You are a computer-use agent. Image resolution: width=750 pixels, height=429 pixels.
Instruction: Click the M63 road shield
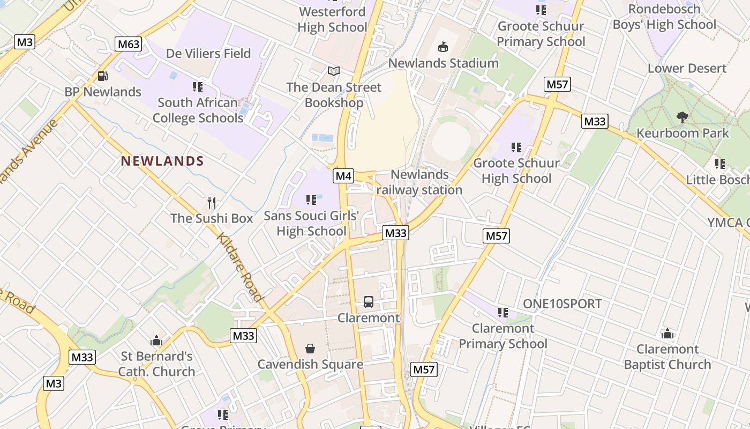128,44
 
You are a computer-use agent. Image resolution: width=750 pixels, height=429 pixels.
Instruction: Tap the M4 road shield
343,175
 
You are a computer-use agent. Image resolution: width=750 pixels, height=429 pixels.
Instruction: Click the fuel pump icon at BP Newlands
103,77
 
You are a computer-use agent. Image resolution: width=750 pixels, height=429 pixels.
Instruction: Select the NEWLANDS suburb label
162,161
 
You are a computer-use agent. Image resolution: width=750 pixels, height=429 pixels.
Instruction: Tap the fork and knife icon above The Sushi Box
212,203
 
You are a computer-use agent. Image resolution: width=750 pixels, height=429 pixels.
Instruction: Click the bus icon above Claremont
369,302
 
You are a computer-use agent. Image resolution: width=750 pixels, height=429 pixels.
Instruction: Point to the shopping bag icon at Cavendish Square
310,349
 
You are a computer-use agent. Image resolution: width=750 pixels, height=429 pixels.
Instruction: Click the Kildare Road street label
240,267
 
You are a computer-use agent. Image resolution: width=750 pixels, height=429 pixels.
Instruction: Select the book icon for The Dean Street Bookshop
334,71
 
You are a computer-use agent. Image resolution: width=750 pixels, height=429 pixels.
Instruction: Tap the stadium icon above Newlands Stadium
443,47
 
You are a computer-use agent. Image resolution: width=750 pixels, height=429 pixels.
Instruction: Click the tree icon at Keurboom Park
682,117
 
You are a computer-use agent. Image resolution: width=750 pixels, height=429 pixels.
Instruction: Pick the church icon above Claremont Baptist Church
667,334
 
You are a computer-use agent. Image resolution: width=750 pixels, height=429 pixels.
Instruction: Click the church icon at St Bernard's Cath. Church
156,340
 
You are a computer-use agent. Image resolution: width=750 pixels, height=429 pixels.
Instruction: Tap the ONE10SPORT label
562,304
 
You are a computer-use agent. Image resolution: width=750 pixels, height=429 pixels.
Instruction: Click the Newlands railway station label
419,182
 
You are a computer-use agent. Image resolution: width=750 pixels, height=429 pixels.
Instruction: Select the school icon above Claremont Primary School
502,312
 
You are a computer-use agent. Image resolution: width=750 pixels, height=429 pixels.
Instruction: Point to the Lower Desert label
687,68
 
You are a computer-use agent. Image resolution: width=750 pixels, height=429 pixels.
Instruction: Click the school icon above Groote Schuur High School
516,147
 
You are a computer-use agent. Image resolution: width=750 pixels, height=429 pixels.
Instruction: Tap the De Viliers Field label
208,53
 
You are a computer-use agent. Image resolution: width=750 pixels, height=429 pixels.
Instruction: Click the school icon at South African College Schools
197,86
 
